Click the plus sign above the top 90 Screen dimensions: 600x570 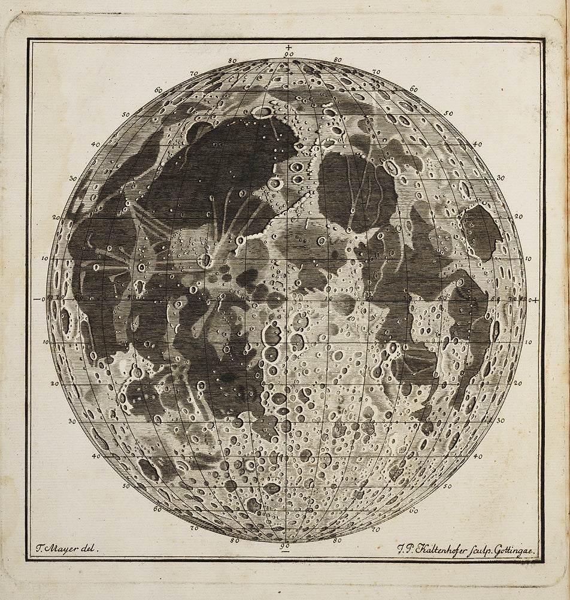click(289, 47)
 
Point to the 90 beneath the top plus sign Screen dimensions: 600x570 click(289, 55)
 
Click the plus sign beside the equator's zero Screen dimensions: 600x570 click(535, 299)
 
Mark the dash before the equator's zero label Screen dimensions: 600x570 click(36, 299)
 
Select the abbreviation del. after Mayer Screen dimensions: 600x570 click(90, 547)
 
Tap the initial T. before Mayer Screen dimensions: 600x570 click(38, 547)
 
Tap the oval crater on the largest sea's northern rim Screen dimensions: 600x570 click(262, 111)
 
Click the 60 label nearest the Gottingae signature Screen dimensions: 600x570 click(413, 511)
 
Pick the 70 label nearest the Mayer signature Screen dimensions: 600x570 click(194, 529)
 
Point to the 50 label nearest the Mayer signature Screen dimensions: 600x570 click(126, 486)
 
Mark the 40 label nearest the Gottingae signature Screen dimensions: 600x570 click(477, 456)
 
